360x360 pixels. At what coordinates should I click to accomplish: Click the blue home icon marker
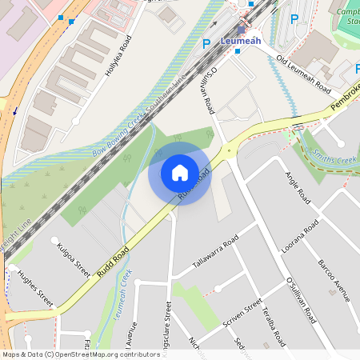pyautogui.click(x=180, y=172)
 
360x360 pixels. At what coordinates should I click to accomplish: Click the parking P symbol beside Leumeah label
pyautogui.click(x=206, y=44)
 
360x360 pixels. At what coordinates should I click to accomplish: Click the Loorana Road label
pyautogui.click(x=300, y=236)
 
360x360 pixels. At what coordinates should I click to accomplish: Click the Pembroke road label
pyautogui.click(x=345, y=96)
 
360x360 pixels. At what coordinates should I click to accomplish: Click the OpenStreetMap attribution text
pyautogui.click(x=80, y=354)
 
